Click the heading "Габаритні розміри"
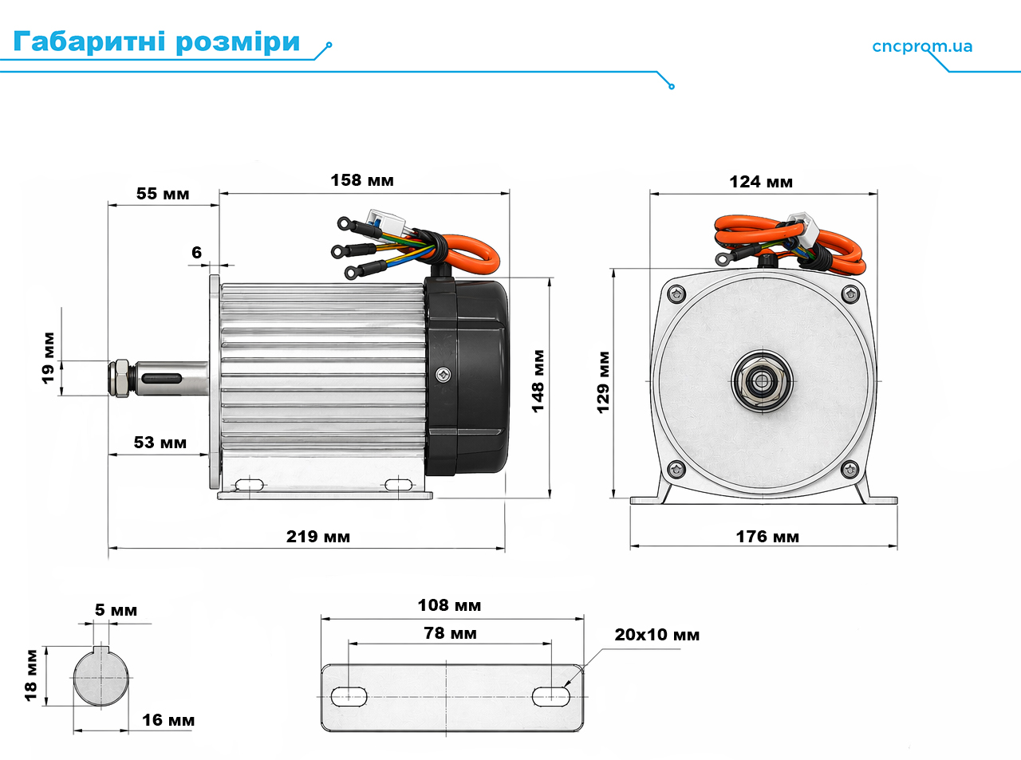click(x=156, y=42)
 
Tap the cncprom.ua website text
click(x=922, y=46)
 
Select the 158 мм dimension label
click(x=362, y=180)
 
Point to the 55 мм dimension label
click(x=163, y=193)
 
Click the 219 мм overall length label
click(x=318, y=536)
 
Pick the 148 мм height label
click(x=538, y=381)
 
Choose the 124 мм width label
click(x=761, y=182)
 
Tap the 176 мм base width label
click(x=767, y=536)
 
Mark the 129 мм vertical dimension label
click(x=603, y=383)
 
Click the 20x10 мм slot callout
click(x=657, y=635)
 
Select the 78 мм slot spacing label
click(x=450, y=633)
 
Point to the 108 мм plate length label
click(x=449, y=604)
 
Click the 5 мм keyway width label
click(x=116, y=610)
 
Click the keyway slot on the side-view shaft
click(x=161, y=379)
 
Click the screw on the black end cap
click(x=443, y=375)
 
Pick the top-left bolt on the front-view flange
click(x=676, y=293)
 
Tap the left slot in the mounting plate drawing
click(x=349, y=697)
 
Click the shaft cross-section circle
click(x=101, y=677)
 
